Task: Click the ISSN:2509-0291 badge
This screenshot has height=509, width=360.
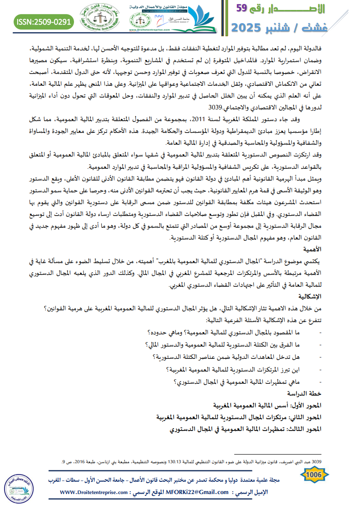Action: [44, 21]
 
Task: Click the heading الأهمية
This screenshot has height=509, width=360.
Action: [313, 249]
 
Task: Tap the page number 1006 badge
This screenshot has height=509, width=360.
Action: [315, 475]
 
